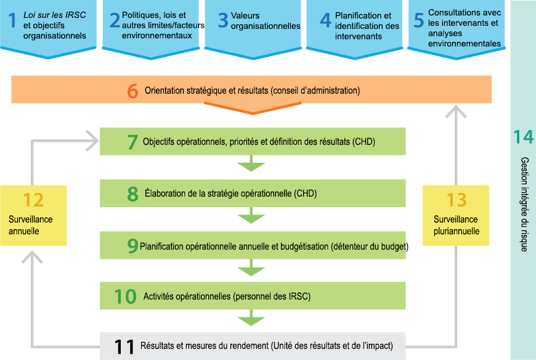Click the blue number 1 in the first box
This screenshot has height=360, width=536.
tap(12, 20)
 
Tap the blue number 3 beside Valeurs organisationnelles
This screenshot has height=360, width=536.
tap(223, 20)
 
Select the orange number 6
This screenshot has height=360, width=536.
tap(132, 91)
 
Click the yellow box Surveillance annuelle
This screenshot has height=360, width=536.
tap(33, 215)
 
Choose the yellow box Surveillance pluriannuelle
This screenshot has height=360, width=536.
tap(456, 215)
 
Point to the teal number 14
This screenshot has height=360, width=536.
tap(523, 137)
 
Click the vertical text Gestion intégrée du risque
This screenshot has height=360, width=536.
tap(524, 205)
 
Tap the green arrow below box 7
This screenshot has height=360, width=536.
tap(251, 163)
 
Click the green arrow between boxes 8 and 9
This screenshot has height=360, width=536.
tap(251, 215)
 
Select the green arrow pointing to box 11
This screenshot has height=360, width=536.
tap(251, 317)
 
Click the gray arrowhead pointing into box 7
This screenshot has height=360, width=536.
tap(93, 141)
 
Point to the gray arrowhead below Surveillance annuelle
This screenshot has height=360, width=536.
tap(32, 257)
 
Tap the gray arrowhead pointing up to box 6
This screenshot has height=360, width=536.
tap(456, 112)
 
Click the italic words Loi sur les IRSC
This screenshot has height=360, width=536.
tap(54, 15)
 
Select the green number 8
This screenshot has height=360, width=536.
tap(132, 194)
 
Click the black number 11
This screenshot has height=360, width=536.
tap(124, 346)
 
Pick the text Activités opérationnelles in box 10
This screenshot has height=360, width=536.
tap(187, 296)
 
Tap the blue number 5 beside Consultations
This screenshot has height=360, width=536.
tap(419, 20)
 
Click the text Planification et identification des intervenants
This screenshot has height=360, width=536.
tap(367, 26)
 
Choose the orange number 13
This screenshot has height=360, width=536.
tap(457, 200)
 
